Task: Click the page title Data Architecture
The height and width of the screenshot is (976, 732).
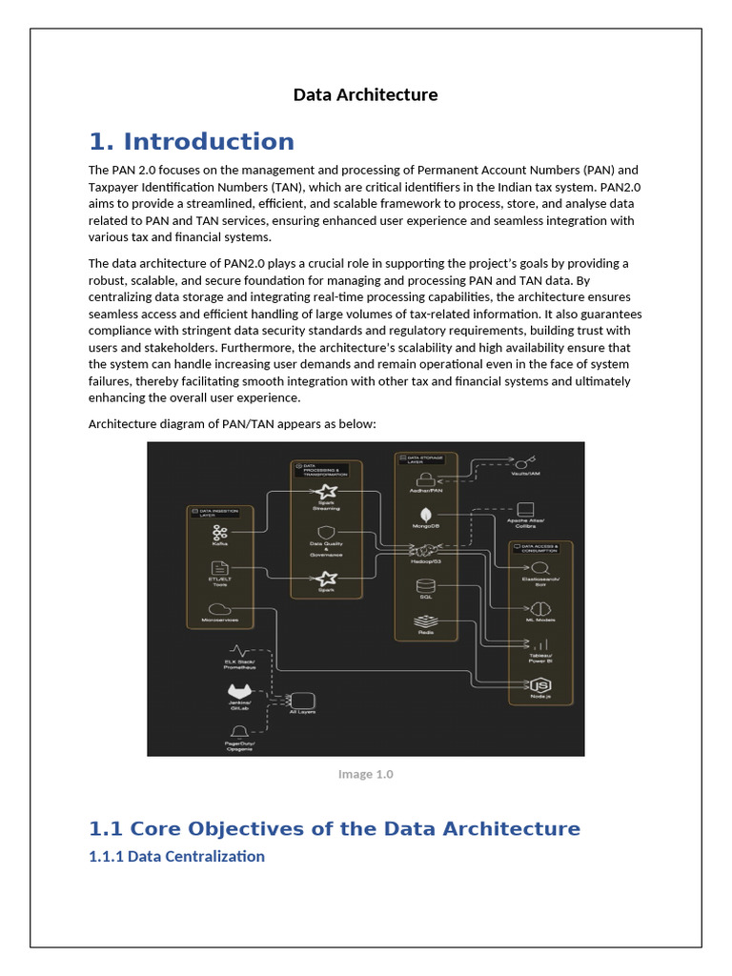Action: pos(365,94)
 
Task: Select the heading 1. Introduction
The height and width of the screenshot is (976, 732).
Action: pos(192,142)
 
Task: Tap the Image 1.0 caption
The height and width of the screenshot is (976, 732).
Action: pos(365,774)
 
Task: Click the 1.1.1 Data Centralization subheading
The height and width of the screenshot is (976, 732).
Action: pos(176,856)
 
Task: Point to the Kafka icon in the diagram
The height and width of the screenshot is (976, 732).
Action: pos(220,533)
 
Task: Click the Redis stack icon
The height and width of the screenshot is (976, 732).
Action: pos(425,621)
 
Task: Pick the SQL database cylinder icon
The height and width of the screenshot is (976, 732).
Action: pos(425,585)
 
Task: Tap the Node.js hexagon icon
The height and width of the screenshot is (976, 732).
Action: pos(540,685)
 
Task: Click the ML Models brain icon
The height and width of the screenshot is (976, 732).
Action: pos(540,608)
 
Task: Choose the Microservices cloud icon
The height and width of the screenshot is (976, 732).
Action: pos(220,609)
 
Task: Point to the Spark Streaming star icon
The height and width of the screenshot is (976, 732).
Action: pos(327,492)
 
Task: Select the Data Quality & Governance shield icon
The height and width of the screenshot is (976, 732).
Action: pos(327,533)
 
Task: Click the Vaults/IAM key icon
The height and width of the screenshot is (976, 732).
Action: pos(525,461)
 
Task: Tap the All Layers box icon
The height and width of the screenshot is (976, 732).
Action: pos(302,701)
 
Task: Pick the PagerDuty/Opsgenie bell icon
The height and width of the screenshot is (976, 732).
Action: pos(239,732)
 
